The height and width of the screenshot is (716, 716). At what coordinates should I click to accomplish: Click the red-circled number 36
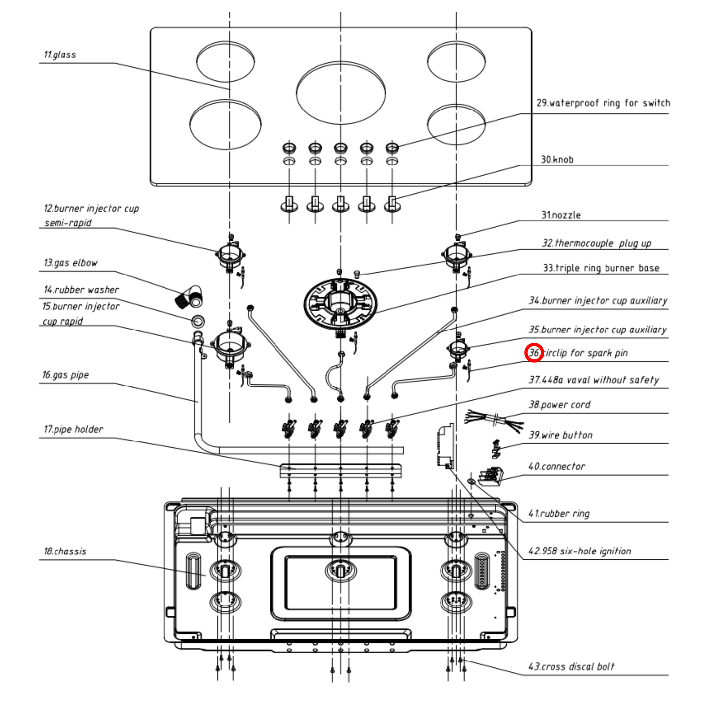tap(534, 353)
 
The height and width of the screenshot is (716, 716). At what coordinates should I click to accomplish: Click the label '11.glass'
tap(59, 55)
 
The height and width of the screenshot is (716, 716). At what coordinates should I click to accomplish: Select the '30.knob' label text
tap(557, 160)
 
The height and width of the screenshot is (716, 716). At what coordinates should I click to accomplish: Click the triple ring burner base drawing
tap(340, 302)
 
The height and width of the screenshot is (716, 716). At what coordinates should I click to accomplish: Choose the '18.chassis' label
tap(65, 551)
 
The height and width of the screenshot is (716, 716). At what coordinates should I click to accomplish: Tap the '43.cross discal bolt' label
tap(571, 667)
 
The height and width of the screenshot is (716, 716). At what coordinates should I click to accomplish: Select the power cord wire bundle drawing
tap(495, 419)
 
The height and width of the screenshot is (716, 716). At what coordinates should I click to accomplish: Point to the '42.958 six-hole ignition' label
tap(580, 551)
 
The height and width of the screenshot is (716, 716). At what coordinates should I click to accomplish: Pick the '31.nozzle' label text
tap(561, 215)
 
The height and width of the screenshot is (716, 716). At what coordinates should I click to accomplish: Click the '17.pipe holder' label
tap(73, 429)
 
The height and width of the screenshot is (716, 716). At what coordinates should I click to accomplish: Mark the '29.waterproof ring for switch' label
tap(603, 103)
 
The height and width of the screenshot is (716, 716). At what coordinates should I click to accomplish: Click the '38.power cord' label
tap(559, 405)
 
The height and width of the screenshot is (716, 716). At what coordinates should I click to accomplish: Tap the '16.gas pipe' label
tap(65, 375)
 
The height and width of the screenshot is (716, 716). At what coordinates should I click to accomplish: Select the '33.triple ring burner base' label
tap(601, 268)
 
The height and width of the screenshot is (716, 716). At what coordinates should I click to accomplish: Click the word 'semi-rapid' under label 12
tap(68, 223)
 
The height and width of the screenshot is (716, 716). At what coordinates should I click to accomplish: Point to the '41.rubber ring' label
tap(559, 514)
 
